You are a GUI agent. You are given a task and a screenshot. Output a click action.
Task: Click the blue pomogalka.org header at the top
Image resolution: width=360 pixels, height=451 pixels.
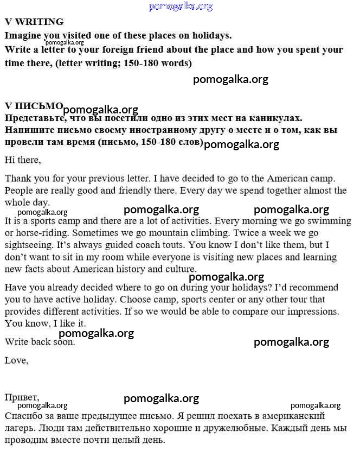pos(180,7)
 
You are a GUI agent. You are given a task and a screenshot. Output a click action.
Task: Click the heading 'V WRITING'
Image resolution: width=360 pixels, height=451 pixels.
pos(34,22)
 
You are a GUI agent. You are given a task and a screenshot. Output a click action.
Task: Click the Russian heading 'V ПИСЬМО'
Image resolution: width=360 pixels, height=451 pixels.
pos(34,106)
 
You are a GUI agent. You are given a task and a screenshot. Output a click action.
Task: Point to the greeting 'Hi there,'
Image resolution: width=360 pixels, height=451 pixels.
pos(23,160)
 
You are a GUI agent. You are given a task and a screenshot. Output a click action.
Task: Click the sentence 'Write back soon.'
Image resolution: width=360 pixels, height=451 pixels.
pos(40,342)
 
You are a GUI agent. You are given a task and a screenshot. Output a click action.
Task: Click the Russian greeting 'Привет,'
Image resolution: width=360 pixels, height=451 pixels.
pos(22,397)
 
